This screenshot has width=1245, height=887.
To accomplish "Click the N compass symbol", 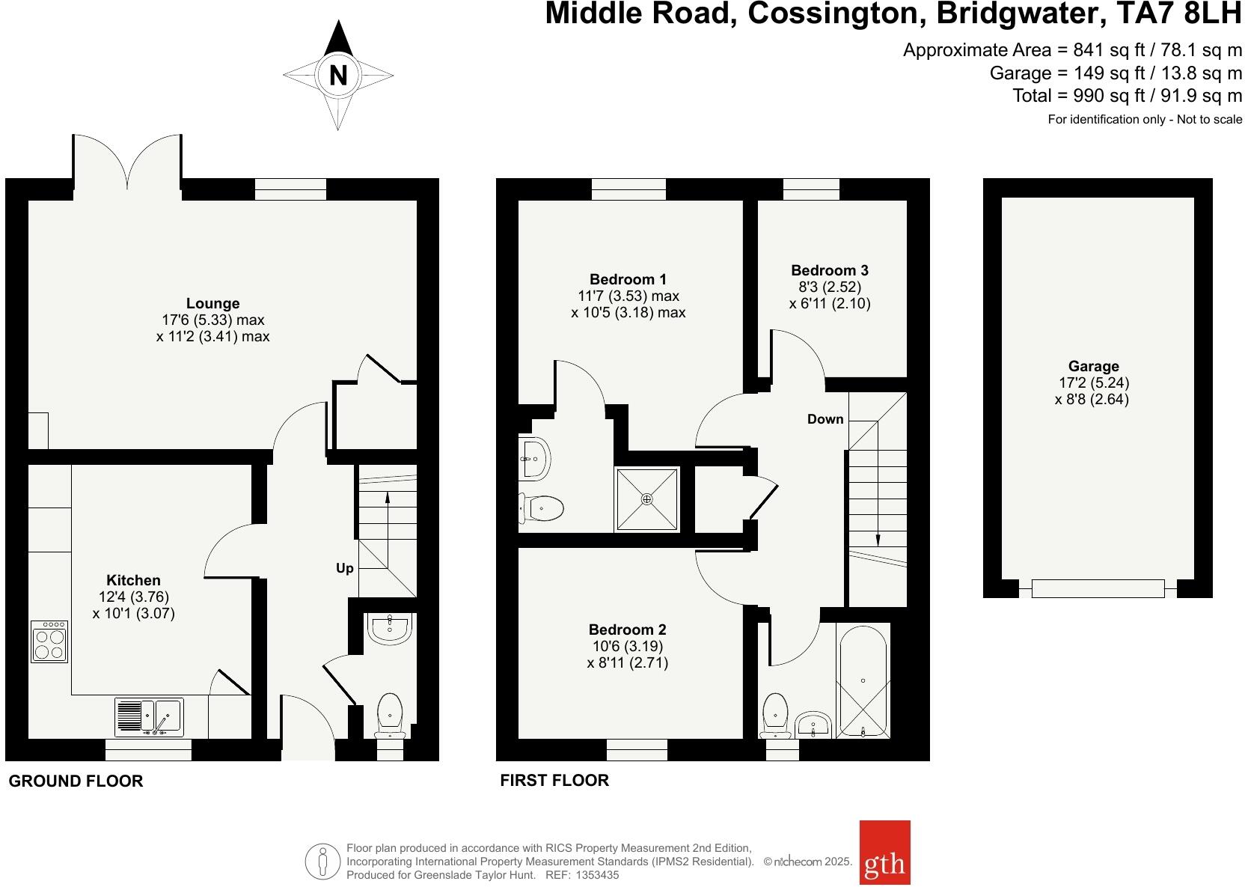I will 338,76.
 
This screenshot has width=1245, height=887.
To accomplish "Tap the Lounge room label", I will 213,303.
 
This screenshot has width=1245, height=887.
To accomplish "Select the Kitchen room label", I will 133,580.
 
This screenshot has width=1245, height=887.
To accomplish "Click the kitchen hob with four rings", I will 49,641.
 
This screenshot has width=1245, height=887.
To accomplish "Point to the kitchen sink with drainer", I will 149,716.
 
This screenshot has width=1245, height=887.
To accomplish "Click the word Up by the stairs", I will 344,568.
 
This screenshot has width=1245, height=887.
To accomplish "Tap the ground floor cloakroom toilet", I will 390,714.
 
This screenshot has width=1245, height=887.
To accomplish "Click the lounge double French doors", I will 128,160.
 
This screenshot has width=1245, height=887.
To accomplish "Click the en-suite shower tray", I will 646,499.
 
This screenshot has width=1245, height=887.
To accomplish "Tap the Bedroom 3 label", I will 830,270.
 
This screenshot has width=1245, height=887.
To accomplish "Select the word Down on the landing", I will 825,419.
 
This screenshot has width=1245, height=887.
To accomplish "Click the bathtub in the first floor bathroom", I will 863,681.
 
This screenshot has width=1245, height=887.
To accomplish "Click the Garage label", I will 1093,366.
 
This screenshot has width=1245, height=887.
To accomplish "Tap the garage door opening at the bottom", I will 1098,588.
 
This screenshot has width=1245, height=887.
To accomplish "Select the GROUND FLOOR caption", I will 76,781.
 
